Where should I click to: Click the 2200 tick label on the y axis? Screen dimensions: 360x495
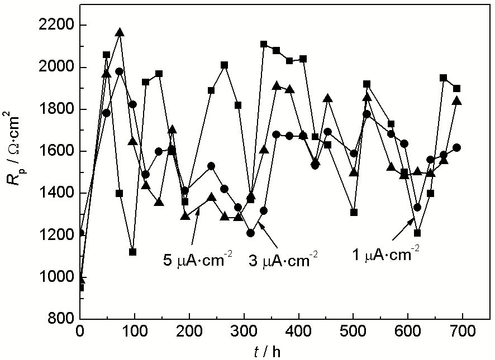(56, 26)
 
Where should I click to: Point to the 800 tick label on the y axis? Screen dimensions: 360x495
(59, 319)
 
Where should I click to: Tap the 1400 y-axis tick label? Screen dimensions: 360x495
(56, 194)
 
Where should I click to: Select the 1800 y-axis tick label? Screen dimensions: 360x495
(56, 109)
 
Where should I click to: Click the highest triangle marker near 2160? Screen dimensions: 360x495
(120, 32)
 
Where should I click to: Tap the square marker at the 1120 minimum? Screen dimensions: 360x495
(132, 252)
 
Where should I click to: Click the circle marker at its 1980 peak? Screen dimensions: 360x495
(120, 71)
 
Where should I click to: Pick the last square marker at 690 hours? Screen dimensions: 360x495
(457, 88)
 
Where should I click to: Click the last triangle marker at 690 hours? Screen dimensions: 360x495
(457, 101)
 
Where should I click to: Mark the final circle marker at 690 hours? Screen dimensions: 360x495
(457, 147)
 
